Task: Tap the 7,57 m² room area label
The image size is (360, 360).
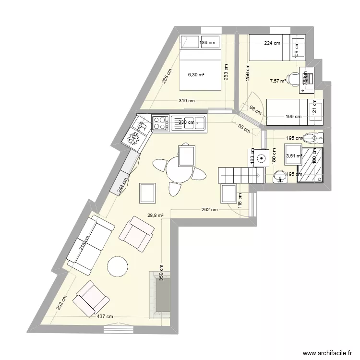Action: (x=278, y=81)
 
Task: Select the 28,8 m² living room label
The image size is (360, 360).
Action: (x=156, y=216)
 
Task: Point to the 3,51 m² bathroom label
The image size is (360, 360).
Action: (x=293, y=156)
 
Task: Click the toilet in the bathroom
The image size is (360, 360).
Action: (x=315, y=138)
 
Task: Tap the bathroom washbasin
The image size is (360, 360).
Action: (x=279, y=178)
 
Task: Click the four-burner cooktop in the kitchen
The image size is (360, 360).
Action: (x=160, y=123)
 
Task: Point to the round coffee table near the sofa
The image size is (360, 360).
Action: (x=118, y=266)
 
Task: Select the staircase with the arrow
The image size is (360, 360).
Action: (x=240, y=175)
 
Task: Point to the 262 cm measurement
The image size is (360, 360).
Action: (x=210, y=209)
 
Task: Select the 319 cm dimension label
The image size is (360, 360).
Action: (x=187, y=101)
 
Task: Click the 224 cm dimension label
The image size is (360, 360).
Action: (x=272, y=43)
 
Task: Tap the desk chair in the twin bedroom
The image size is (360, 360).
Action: (x=292, y=79)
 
